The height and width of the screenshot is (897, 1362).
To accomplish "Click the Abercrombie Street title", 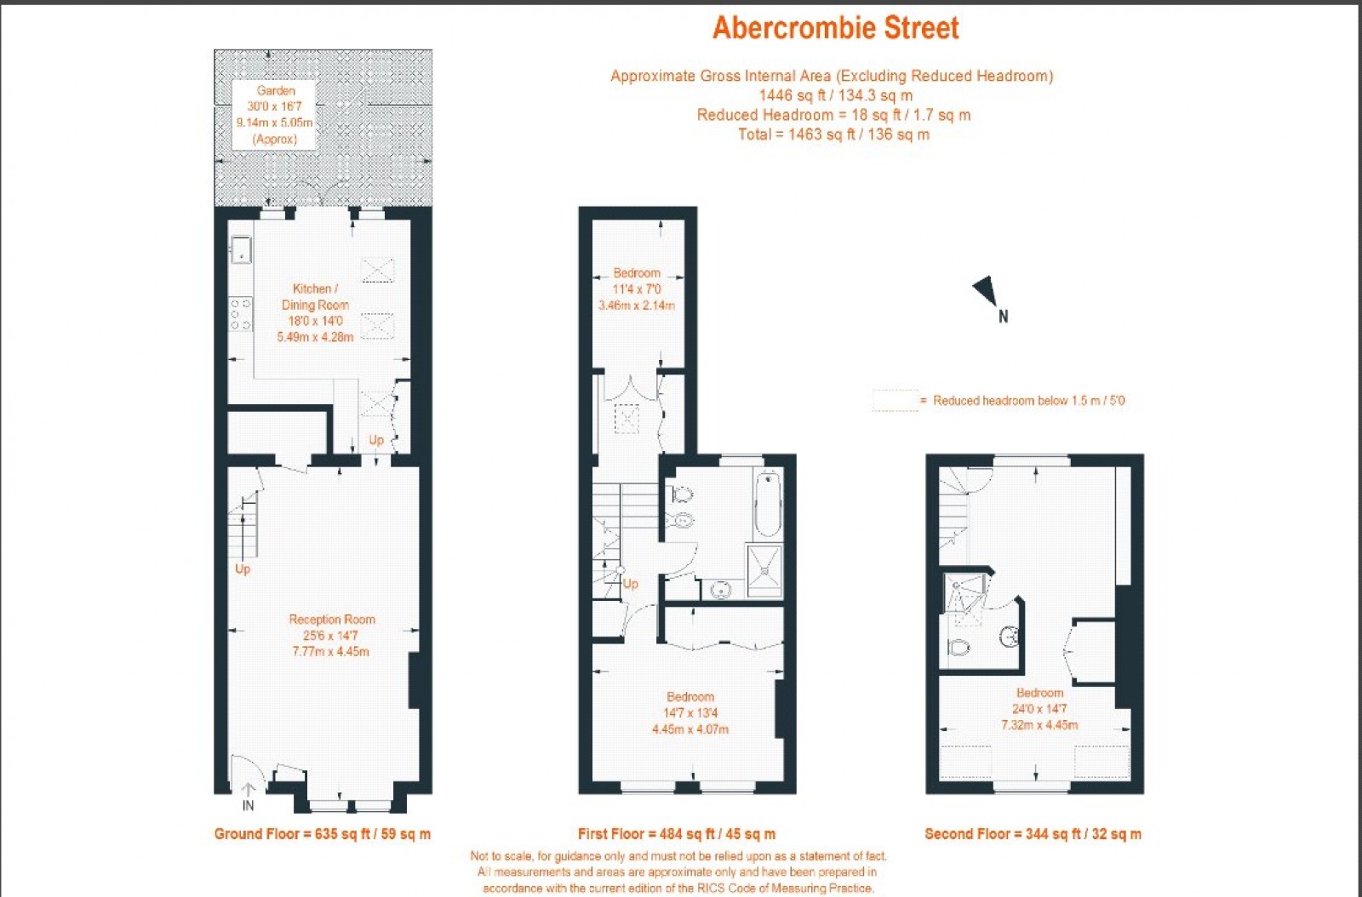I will point(835,28).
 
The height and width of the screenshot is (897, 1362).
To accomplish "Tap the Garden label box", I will point(275,114).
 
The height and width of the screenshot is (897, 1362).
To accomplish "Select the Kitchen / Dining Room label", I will point(315,312).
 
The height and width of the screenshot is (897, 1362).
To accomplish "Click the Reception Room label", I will point(331,635).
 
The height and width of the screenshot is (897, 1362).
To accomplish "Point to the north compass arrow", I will point(987,291).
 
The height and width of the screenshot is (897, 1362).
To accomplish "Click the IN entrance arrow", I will point(248,797).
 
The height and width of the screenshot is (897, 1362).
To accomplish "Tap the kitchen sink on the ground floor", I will point(241,249).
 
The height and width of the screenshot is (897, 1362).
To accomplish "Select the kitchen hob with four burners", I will point(241,313).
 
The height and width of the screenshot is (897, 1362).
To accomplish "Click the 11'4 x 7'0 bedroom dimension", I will point(637,289).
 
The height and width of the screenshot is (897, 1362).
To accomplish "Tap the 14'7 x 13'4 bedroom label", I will point(690,712).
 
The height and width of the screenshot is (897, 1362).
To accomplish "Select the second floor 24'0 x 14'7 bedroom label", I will point(1039,708).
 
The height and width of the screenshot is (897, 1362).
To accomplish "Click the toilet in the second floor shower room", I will point(959,648).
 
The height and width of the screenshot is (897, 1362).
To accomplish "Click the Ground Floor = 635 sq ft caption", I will point(323,834).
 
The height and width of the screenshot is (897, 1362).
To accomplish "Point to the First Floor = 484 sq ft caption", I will point(677,834).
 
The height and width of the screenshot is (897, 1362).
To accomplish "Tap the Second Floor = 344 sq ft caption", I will point(1033,834).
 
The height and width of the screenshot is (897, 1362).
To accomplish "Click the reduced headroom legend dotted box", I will point(895,401).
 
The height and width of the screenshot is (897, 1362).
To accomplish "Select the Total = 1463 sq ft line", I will point(833,134).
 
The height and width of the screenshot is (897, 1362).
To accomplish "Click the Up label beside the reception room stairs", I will point(243,568).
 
